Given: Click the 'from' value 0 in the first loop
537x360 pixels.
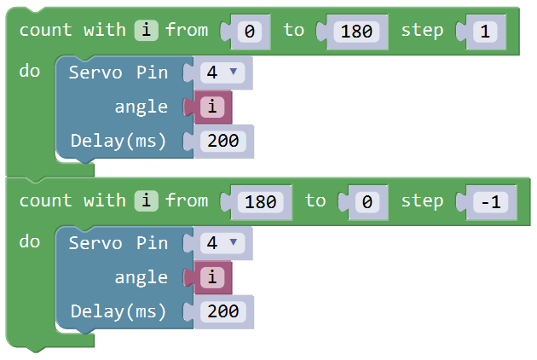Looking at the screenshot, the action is point(249,32).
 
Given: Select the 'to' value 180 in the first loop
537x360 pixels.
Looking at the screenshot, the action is point(356,32).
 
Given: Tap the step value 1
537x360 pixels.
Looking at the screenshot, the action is point(485,32).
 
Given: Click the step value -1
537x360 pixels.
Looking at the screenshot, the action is point(490,202).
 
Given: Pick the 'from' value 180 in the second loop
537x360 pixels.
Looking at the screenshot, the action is point(260,202).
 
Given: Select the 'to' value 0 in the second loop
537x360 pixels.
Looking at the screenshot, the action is point(367,202).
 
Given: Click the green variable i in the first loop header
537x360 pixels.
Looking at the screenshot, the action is point(147,30).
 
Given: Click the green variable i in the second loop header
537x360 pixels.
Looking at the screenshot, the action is point(147,200).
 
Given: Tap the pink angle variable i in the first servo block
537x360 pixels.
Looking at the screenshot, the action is point(212,107).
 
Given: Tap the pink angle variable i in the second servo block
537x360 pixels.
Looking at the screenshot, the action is point(212,277).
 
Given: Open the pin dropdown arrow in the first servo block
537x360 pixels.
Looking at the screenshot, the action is point(234,72).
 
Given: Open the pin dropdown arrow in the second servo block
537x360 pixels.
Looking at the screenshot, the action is point(234,242).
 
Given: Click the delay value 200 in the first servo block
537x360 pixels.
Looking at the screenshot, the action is point(223,141).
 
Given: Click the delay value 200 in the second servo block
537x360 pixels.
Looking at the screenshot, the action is point(223,311).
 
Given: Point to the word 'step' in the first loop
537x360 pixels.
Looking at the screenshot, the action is point(422,31).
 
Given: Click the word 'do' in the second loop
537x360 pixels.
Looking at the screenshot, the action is point(30,241).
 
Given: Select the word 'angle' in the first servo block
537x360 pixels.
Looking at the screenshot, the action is point(141,107).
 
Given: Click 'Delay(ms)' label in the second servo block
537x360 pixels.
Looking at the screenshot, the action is point(118,312).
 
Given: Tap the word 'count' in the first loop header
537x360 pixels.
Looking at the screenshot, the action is point(45,30).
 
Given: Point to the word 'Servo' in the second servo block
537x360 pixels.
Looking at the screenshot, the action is point(95,243).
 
